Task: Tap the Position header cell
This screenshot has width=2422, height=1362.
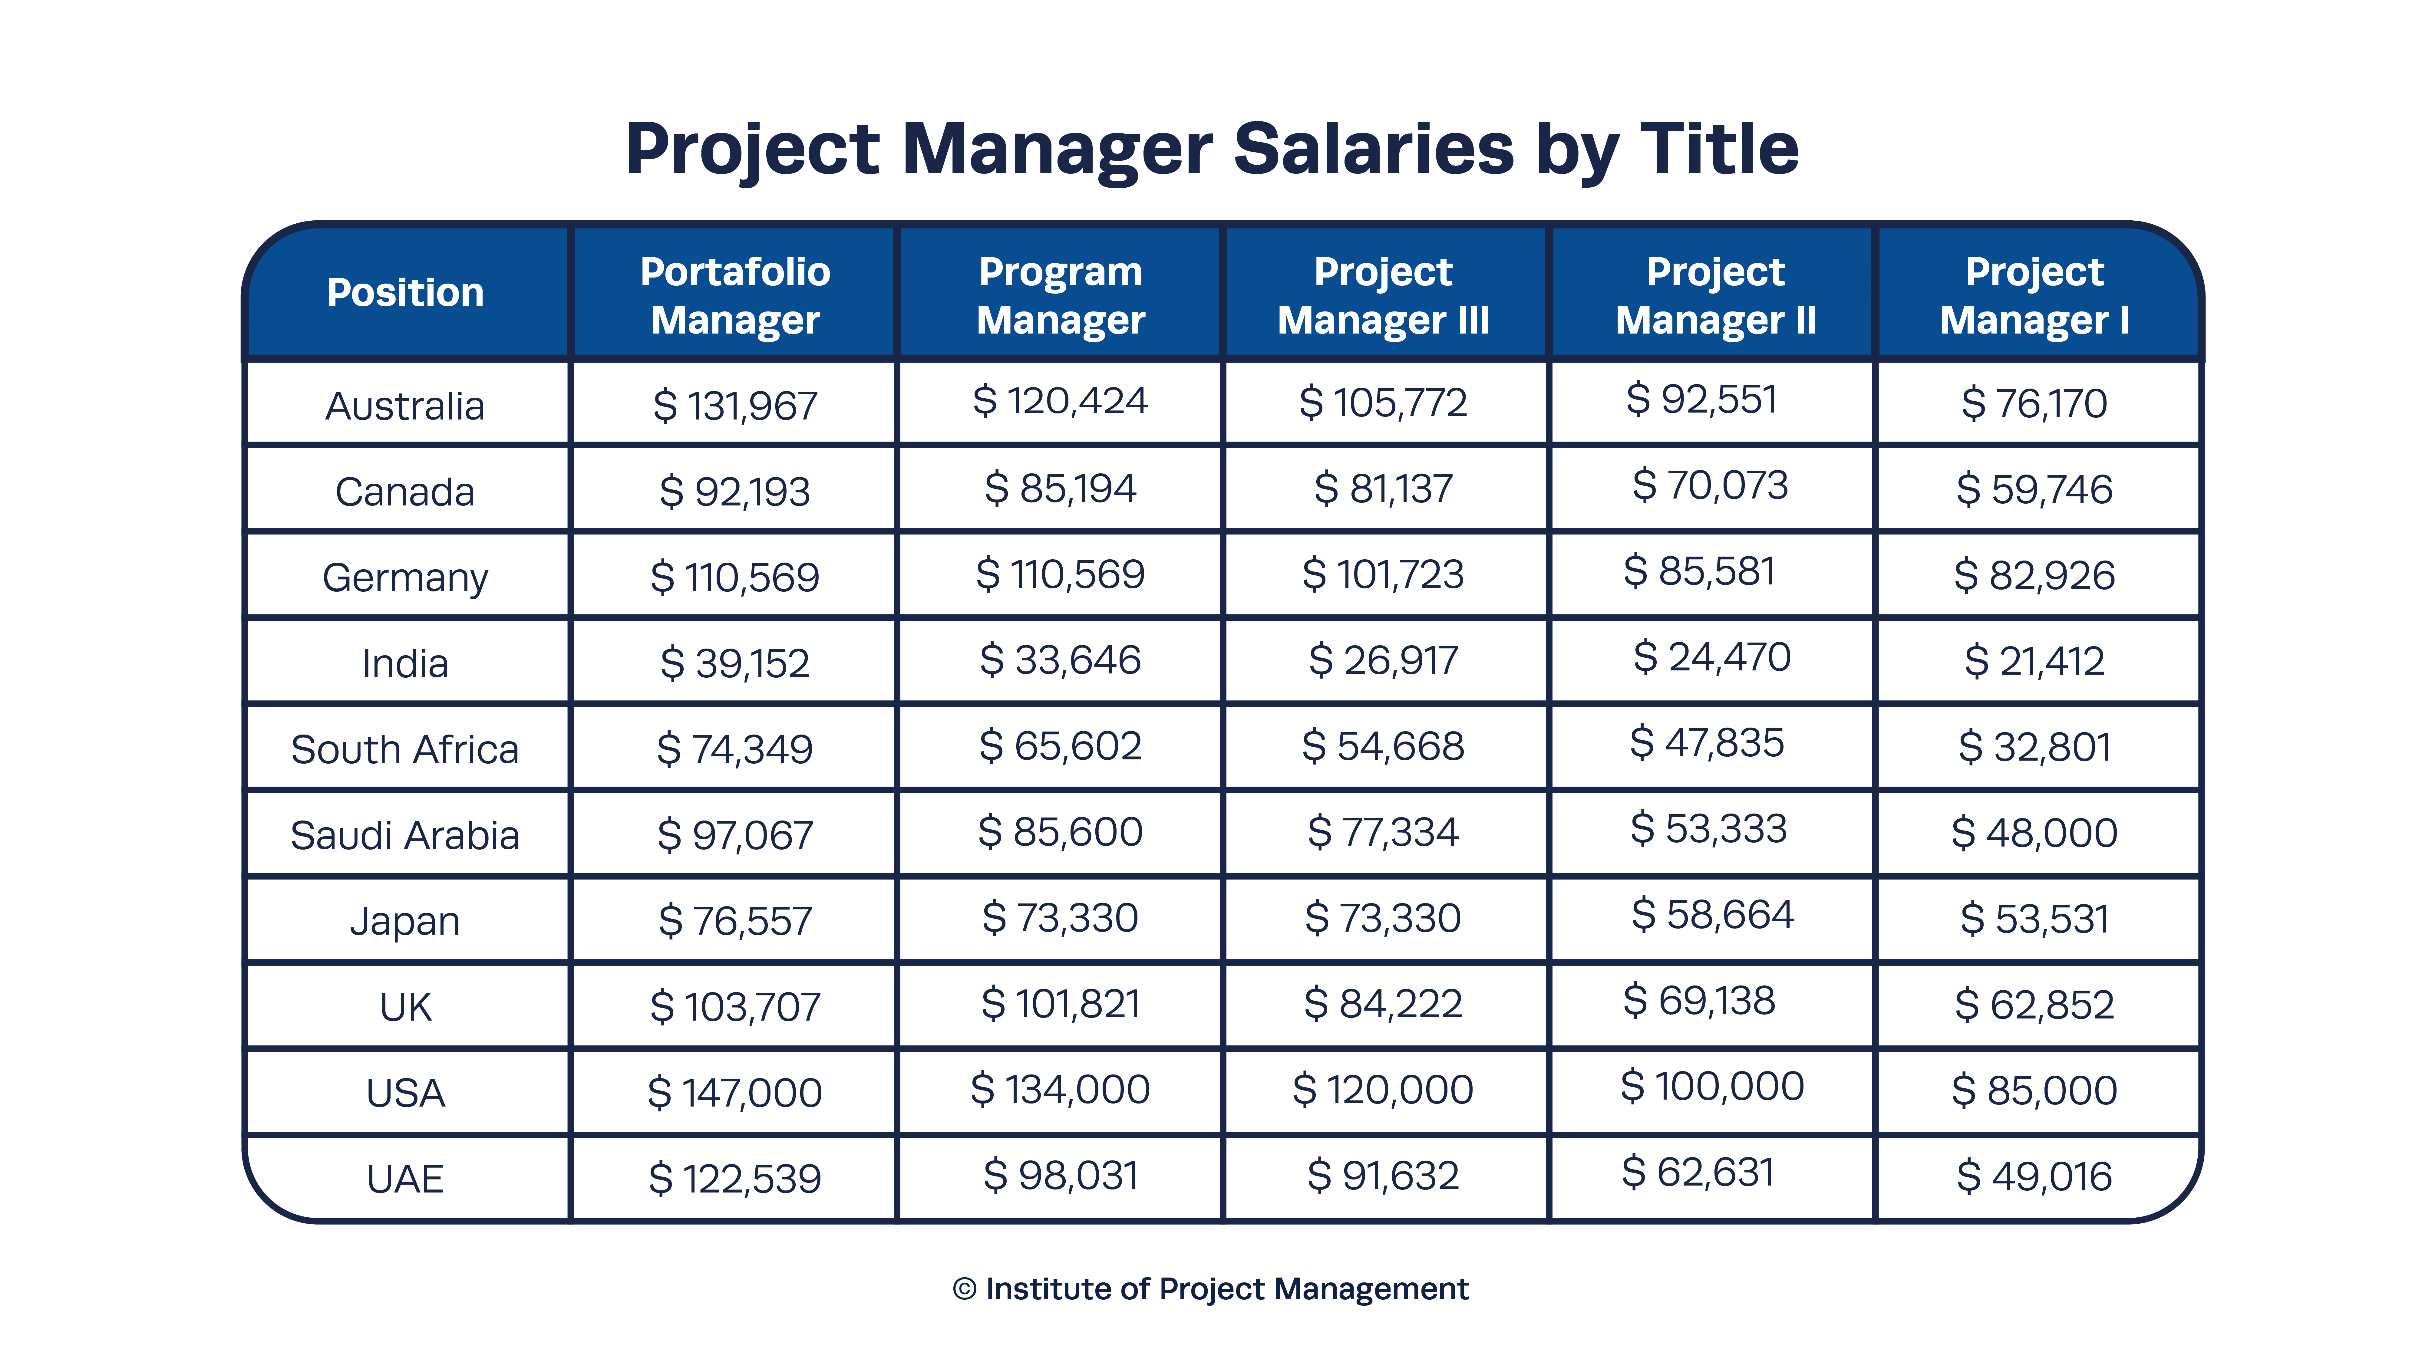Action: tap(405, 292)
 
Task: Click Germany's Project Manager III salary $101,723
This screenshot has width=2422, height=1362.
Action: tap(1383, 574)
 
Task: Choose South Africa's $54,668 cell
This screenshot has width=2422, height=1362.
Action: tap(1383, 746)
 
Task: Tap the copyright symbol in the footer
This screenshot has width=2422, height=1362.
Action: tap(964, 1289)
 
